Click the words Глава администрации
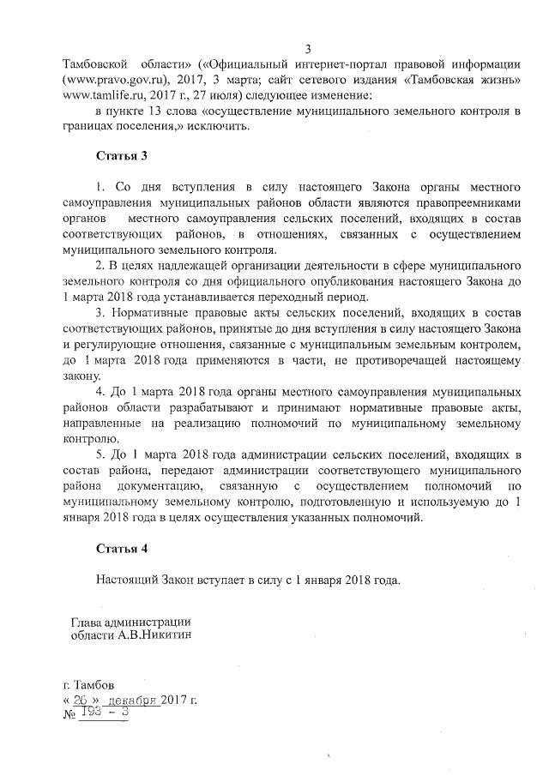(130, 623)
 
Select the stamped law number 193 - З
(104, 714)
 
